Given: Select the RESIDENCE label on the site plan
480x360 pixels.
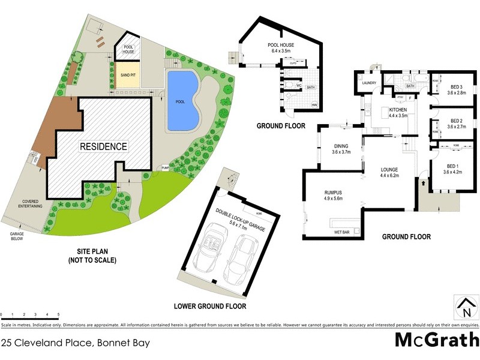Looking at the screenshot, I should coord(104,146).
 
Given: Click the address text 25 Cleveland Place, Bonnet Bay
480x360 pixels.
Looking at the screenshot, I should coord(75,343).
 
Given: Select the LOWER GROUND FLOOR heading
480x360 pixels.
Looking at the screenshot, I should coord(210,306).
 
